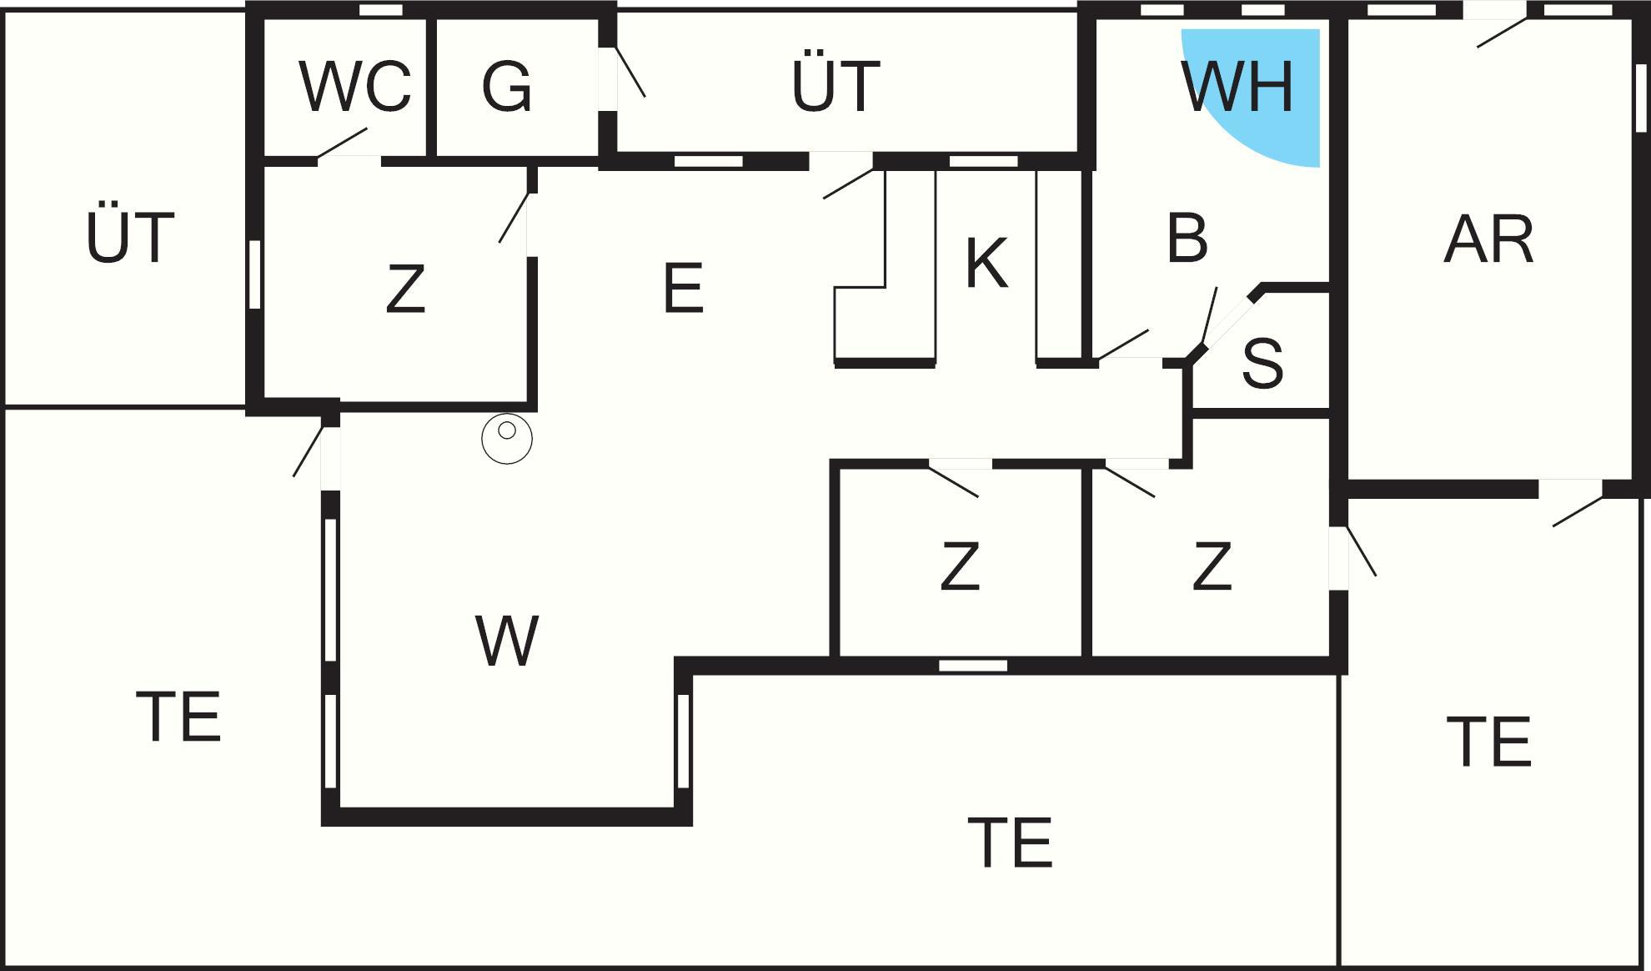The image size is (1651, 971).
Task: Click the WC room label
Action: [355, 86]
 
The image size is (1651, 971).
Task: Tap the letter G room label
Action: [507, 86]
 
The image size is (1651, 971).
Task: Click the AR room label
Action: [1488, 240]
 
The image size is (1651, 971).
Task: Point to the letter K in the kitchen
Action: [986, 264]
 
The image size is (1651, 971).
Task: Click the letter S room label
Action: [1262, 364]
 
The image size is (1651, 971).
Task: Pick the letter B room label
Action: [1187, 239]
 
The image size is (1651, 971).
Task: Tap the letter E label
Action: [683, 289]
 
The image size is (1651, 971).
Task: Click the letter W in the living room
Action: [507, 641]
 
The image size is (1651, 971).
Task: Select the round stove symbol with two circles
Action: [507, 438]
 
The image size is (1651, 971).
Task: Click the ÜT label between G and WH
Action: [836, 86]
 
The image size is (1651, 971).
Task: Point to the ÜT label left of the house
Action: [130, 238]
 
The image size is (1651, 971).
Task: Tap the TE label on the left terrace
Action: [178, 717]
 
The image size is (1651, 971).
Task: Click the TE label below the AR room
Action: [1489, 742]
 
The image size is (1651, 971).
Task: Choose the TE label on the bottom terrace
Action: [1010, 843]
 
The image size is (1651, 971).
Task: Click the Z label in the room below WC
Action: [405, 289]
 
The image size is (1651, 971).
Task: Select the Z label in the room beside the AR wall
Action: [1212, 566]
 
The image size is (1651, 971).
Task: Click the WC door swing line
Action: [343, 142]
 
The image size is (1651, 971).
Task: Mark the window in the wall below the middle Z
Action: [973, 666]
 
